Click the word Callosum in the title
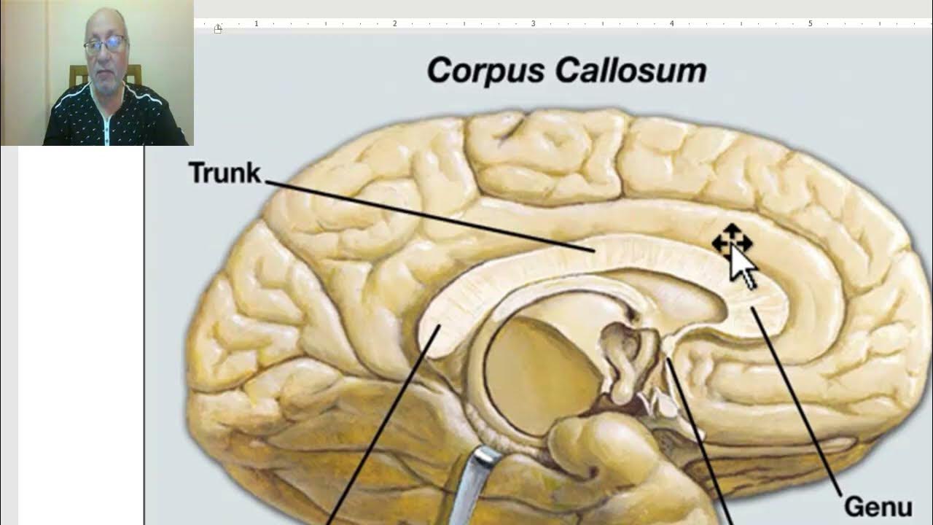click(x=631, y=71)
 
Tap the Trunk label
click(x=225, y=173)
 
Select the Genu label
click(x=877, y=506)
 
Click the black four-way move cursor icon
click(x=731, y=241)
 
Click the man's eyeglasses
click(x=106, y=45)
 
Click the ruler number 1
click(x=257, y=24)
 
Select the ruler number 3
click(x=533, y=24)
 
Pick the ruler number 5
click(x=810, y=24)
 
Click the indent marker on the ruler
click(x=218, y=28)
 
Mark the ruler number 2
click(x=394, y=24)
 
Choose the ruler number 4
click(x=671, y=24)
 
